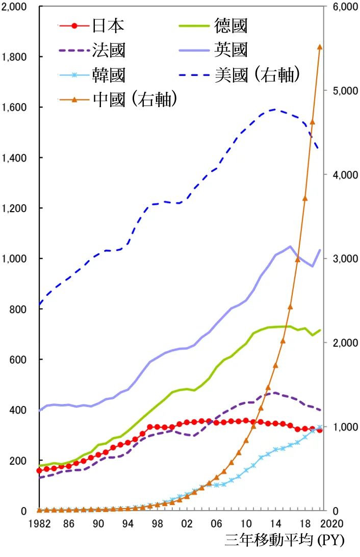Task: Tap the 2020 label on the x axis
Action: [335, 523]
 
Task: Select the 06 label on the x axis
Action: [216, 523]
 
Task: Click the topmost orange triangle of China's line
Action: [320, 47]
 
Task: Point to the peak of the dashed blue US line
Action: [275, 109]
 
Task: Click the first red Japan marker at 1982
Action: [39, 470]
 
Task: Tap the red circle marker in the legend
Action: [74, 25]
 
